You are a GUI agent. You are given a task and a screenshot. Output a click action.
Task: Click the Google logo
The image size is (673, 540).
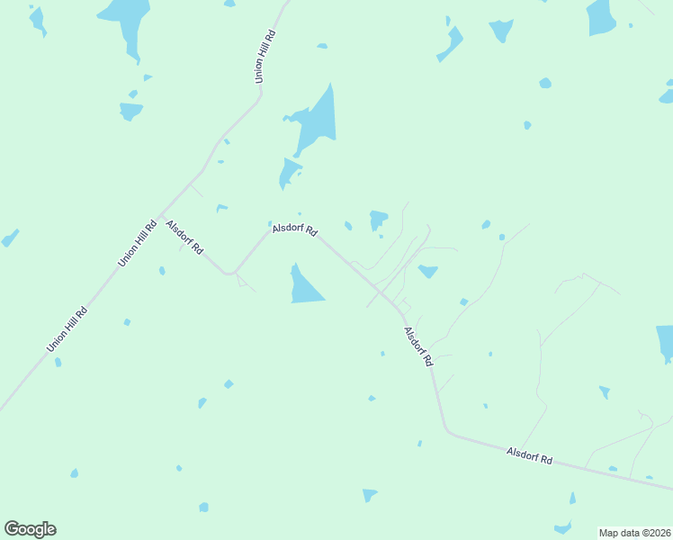point(30,529)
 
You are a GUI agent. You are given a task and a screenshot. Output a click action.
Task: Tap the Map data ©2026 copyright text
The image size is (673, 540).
point(634,533)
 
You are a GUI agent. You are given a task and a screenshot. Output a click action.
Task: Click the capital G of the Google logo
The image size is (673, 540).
point(12,528)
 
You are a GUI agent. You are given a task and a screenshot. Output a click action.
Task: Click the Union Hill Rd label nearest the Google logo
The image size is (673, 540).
point(67,330)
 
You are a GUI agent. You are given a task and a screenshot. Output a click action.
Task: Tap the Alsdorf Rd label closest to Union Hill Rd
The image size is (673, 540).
point(185,237)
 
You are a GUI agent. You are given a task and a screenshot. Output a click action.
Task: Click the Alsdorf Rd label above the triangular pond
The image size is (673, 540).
point(295,229)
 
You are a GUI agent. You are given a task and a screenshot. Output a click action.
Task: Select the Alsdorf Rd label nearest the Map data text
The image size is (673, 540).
point(529,455)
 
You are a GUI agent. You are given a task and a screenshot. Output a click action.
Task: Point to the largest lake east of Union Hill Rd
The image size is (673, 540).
point(317,121)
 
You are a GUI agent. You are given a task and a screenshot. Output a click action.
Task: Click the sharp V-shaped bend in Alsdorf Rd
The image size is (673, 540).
point(232,273)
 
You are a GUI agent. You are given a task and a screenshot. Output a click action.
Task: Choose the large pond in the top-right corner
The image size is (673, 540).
point(601,16)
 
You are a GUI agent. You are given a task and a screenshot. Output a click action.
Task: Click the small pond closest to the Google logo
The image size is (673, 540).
point(74,473)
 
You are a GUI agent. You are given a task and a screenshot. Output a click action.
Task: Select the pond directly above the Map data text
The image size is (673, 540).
point(563,527)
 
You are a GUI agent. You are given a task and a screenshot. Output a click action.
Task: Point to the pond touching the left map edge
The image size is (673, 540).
point(9,238)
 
